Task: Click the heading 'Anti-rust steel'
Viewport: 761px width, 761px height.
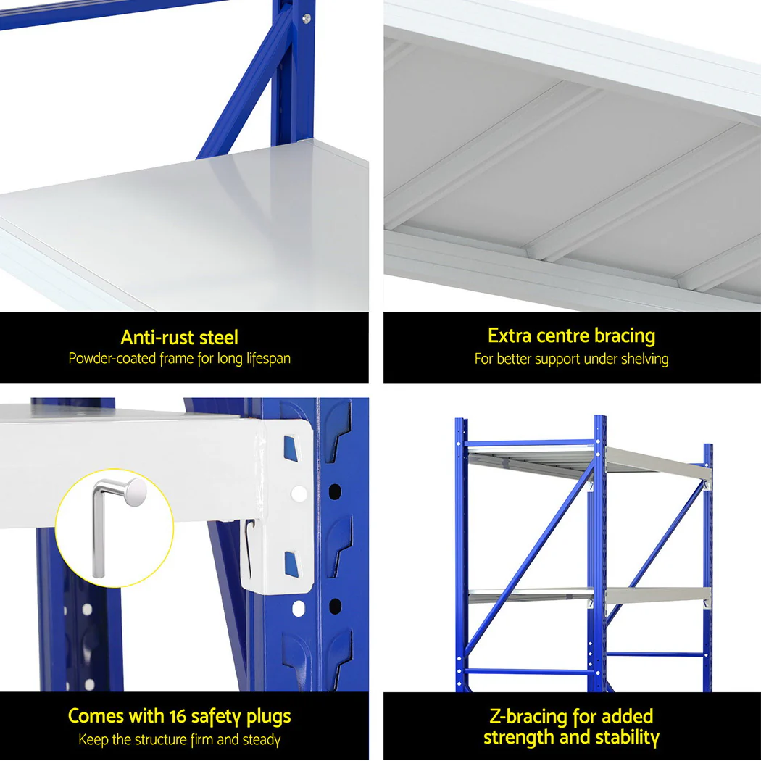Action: pos(179,337)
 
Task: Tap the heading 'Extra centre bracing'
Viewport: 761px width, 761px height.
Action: pos(571,336)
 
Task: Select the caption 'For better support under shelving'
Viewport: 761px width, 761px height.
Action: pos(571,359)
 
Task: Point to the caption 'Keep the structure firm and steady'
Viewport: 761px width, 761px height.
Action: pos(179,740)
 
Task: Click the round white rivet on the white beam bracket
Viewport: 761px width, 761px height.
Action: pos(298,494)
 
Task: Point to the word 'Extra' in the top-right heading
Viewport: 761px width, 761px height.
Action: pos(510,336)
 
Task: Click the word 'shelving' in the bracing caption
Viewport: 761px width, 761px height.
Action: pos(644,359)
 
